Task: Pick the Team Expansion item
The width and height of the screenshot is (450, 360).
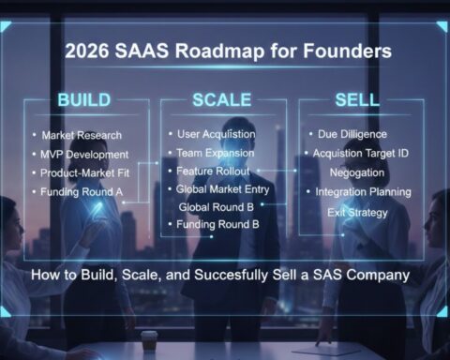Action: [217, 153]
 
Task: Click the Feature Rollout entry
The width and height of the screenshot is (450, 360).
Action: [215, 172]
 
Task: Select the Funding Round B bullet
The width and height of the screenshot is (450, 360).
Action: [217, 224]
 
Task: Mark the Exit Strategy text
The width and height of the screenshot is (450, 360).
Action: [360, 213]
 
